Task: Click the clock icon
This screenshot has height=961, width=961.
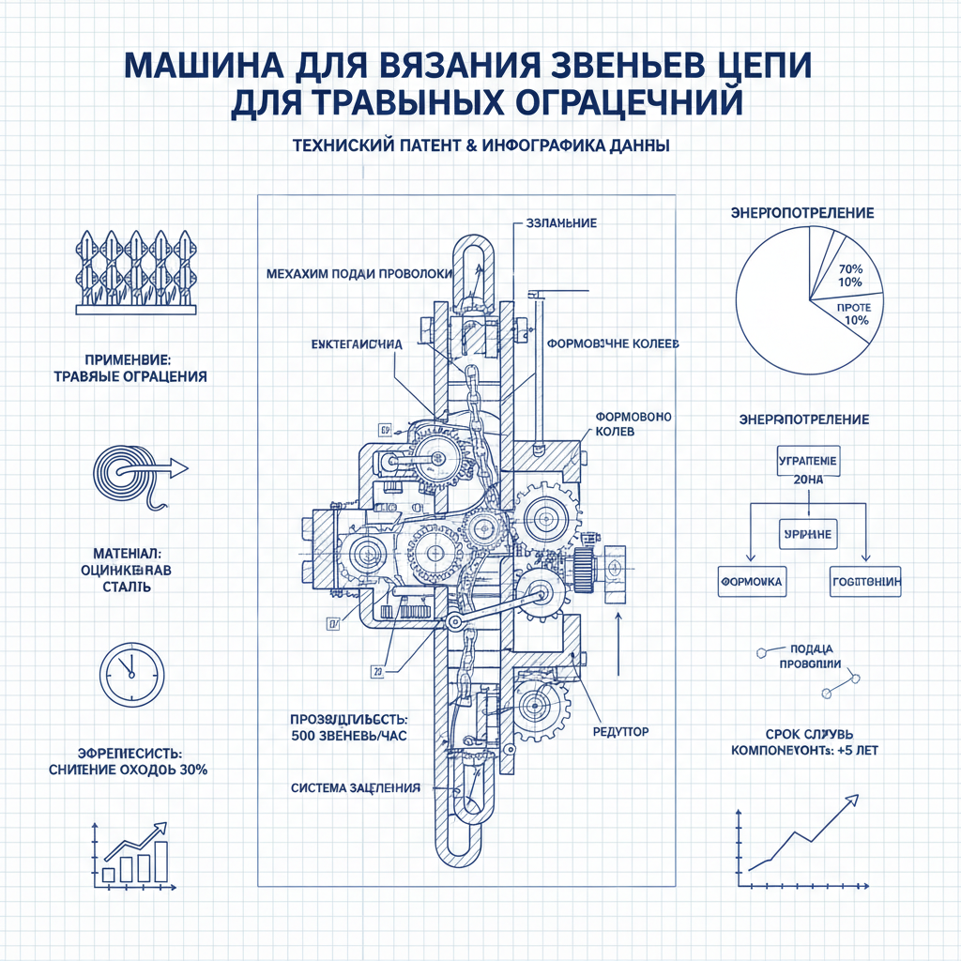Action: [x=131, y=674]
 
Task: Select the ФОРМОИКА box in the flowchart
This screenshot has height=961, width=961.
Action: [x=751, y=582]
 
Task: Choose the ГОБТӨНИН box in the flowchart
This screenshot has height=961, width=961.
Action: [x=865, y=582]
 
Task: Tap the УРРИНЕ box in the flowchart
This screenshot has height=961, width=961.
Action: [x=807, y=533]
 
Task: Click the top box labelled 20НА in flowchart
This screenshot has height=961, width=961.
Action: [x=808, y=469]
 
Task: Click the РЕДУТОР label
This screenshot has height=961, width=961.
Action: [x=620, y=730]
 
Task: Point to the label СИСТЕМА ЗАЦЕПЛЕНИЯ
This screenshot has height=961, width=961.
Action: [x=356, y=786]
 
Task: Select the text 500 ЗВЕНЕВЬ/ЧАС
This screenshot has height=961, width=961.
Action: [x=350, y=736]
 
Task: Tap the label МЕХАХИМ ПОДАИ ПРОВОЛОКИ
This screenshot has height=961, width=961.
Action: [x=359, y=274]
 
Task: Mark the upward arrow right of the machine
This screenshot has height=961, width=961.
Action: [x=618, y=643]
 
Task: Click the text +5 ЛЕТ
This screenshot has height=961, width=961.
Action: [x=855, y=751]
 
